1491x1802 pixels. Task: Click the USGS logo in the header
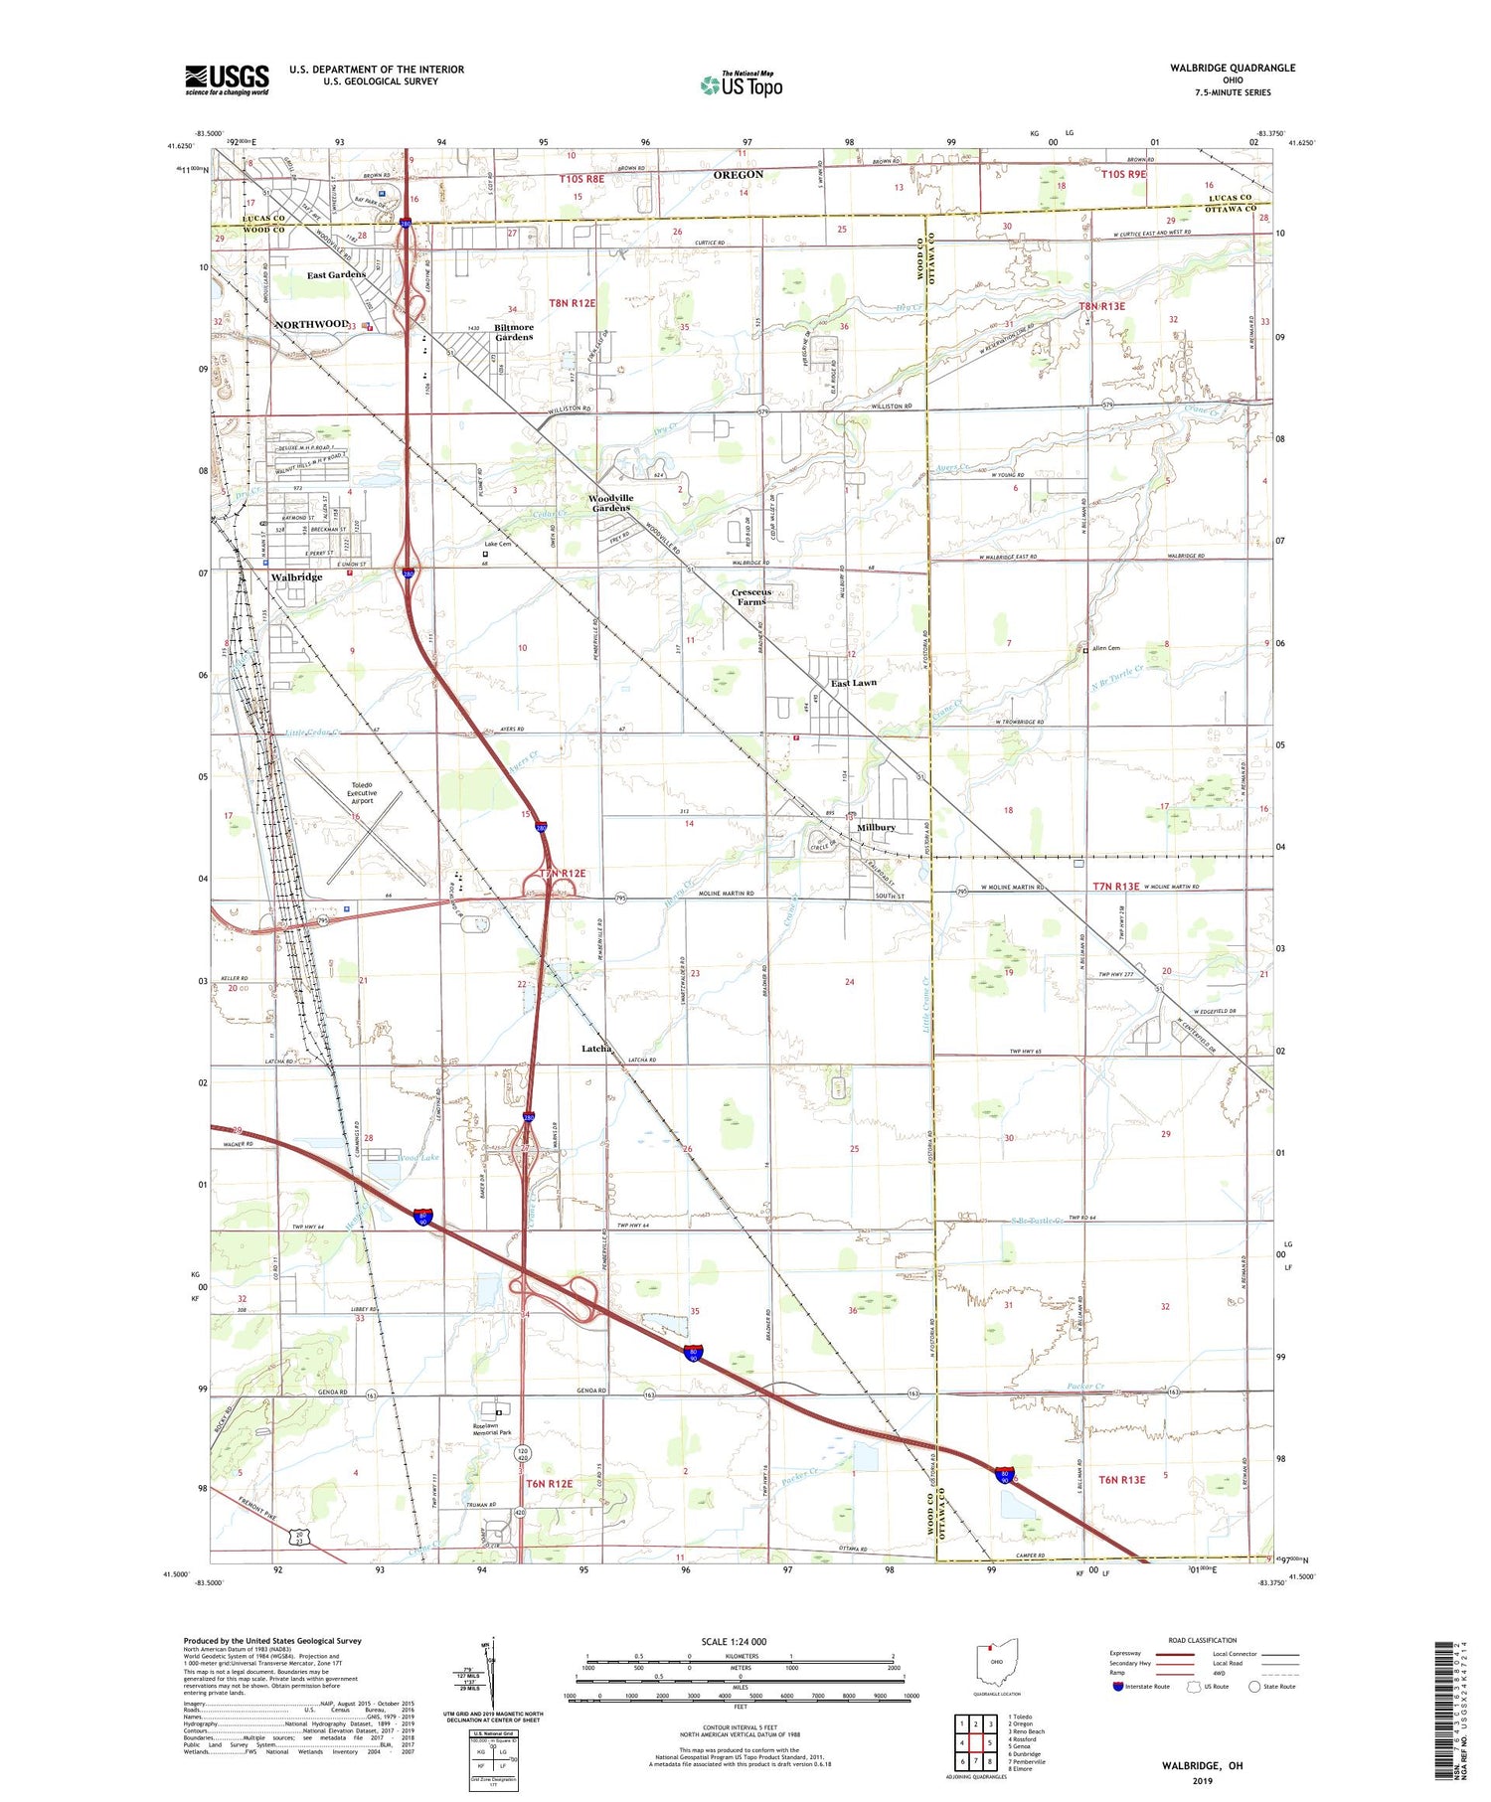coord(227,80)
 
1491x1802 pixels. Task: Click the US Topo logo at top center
coord(742,84)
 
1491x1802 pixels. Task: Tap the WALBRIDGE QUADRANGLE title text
coord(1233,68)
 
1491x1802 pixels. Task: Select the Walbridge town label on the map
coord(296,576)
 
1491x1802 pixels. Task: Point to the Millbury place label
coord(876,827)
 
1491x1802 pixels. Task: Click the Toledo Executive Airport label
coord(362,792)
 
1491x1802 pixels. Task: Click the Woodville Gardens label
coord(610,503)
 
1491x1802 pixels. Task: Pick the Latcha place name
coord(596,1049)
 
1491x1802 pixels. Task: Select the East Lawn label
coord(854,683)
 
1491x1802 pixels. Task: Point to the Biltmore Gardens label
coord(514,332)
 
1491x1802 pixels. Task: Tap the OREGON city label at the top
coord(739,175)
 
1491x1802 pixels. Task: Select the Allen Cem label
coord(1105,648)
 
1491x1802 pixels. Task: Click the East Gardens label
coord(336,274)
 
